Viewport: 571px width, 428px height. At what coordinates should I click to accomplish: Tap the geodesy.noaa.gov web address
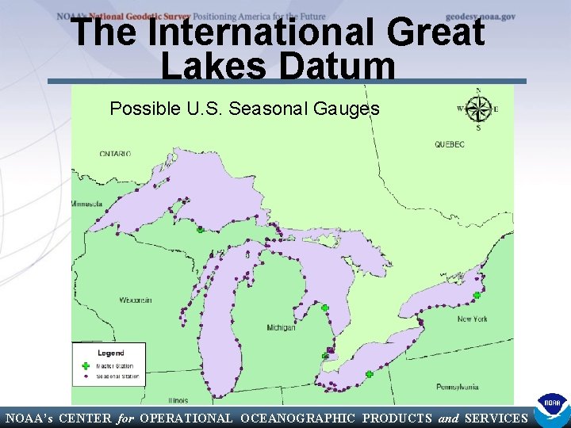pos(481,16)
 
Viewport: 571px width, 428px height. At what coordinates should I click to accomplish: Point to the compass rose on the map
pos(478,109)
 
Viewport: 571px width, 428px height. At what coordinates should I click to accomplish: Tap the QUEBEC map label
pos(449,144)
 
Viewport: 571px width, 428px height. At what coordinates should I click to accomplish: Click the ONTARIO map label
pos(115,153)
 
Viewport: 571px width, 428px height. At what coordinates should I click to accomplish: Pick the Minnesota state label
pos(88,204)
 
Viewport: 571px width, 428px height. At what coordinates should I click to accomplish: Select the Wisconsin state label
pos(136,300)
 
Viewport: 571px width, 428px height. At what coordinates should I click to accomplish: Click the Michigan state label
pos(281,327)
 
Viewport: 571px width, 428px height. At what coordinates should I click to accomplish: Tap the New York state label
pos(473,319)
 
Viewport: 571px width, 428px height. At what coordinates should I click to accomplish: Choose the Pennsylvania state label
pos(457,387)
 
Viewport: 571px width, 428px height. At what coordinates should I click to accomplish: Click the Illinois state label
pos(178,400)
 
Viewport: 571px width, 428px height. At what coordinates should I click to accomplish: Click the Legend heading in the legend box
pos(111,353)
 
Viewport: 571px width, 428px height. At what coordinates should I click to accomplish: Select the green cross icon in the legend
pos(85,366)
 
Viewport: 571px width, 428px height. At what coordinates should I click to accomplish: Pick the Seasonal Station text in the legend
pos(117,376)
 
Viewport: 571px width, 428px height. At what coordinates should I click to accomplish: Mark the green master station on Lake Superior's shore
pos(201,230)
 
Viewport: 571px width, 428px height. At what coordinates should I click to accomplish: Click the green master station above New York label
pos(477,296)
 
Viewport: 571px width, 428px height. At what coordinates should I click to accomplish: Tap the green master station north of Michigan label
pos(324,308)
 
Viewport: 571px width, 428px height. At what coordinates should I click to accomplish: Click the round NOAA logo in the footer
pos(551,411)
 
